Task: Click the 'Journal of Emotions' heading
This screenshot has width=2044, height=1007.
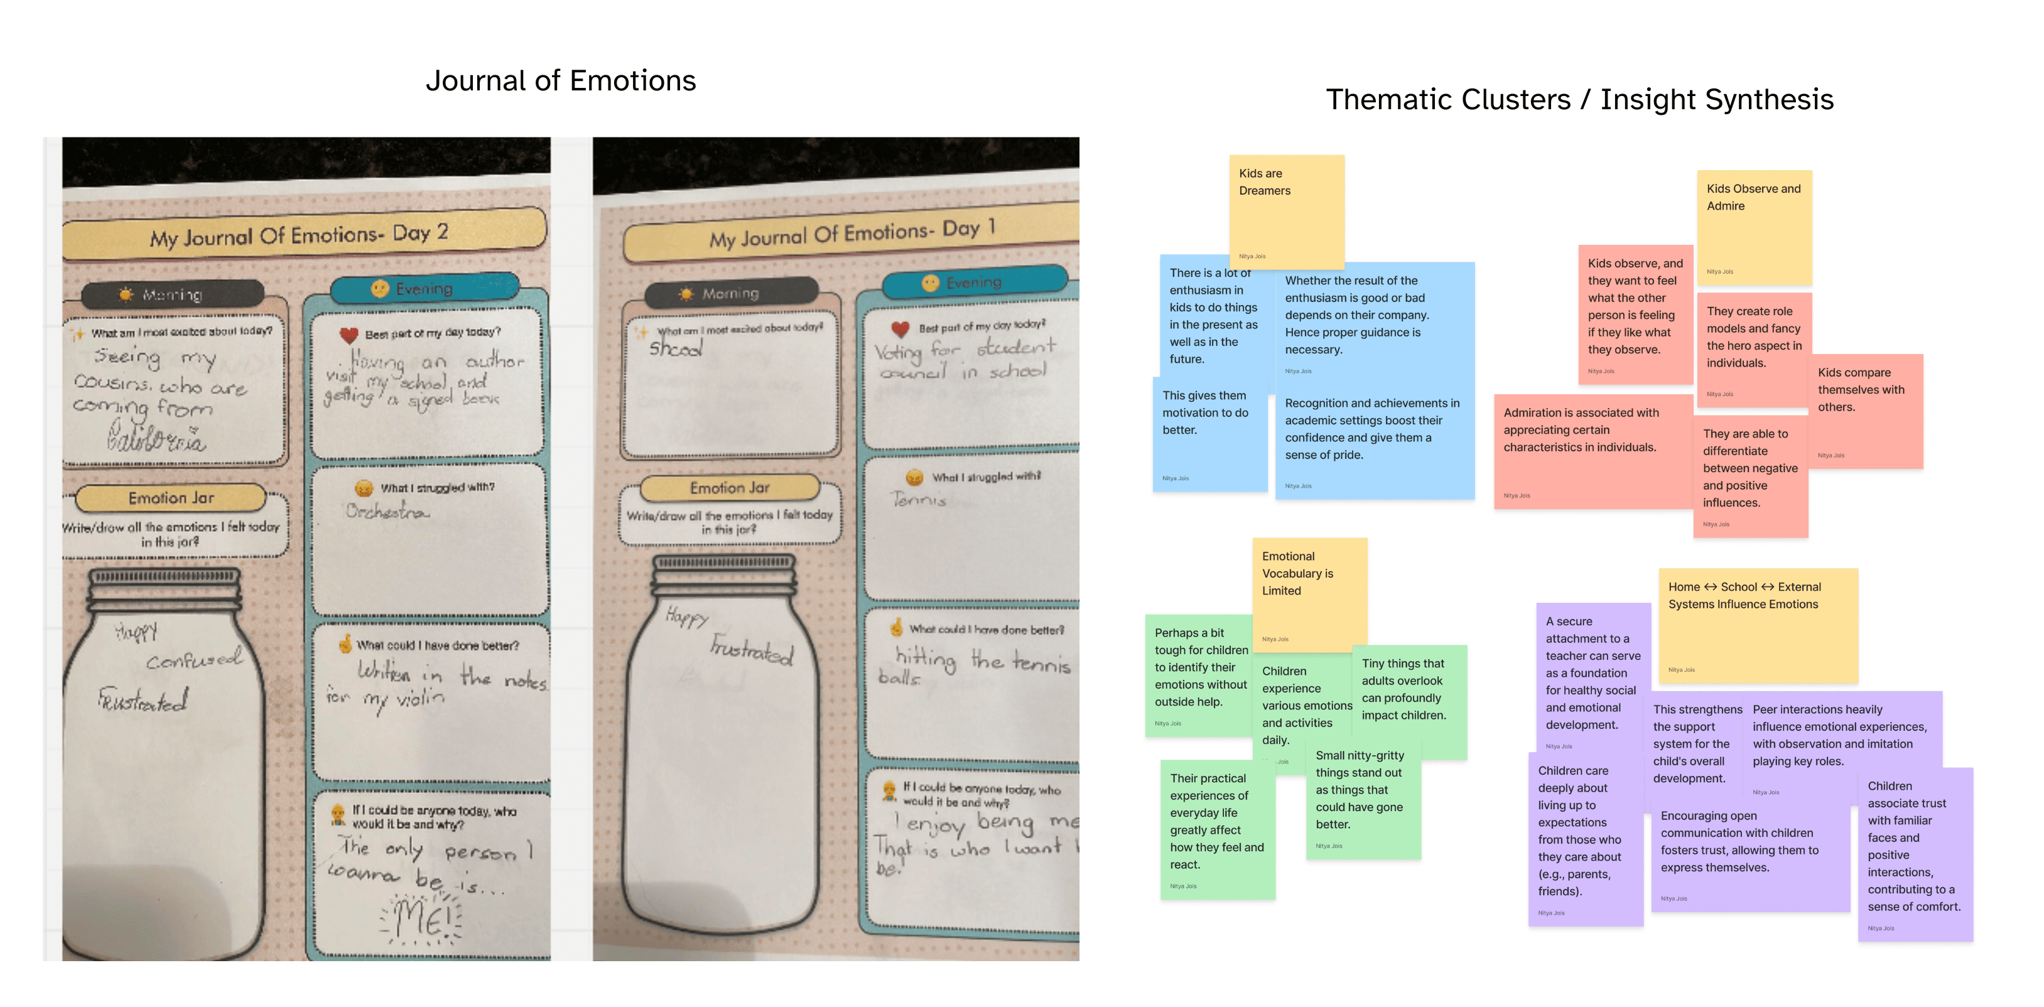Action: click(560, 81)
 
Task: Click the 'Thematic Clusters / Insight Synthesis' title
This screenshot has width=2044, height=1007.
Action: click(1579, 100)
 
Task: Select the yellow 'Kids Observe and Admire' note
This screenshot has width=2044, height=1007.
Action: click(1755, 226)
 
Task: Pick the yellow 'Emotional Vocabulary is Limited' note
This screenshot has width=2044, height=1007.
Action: click(1309, 591)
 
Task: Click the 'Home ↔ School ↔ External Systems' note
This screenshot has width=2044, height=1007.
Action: click(1758, 623)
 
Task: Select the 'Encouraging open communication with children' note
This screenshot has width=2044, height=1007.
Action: click(1750, 857)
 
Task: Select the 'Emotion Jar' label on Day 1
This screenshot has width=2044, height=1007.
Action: click(729, 488)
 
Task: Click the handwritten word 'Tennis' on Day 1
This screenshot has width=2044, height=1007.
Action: click(919, 500)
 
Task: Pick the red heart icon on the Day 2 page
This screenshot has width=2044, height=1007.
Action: click(349, 335)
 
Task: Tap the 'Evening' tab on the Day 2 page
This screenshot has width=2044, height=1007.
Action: click(424, 289)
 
